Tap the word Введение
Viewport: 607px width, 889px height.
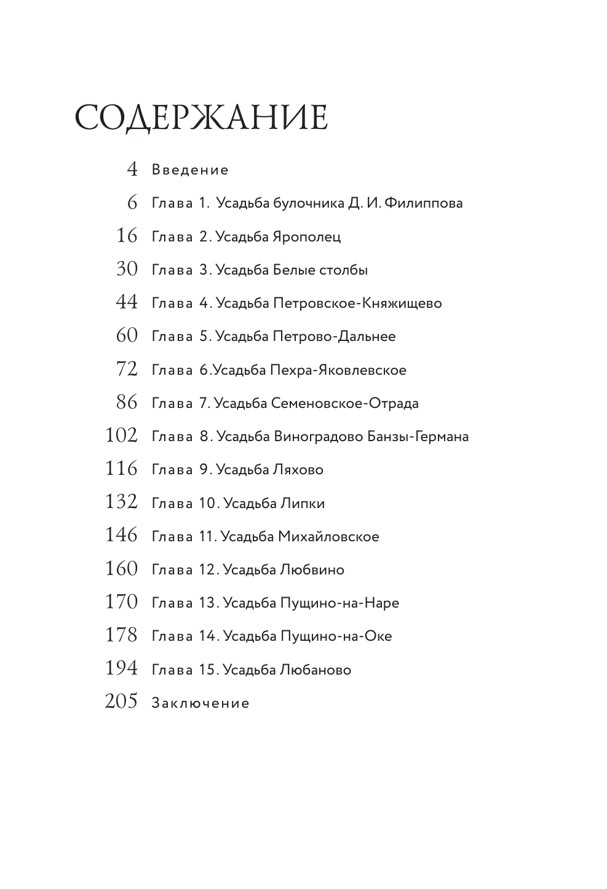[x=190, y=170]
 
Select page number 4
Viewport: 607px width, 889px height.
[x=132, y=169]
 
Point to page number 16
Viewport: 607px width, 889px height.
[x=127, y=236]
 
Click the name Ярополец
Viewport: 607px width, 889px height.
[x=306, y=237]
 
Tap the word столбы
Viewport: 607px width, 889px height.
[x=344, y=270]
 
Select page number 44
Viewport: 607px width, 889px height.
[x=127, y=302]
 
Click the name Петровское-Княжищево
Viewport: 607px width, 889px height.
[x=357, y=304]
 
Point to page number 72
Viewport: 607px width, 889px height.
[x=127, y=369]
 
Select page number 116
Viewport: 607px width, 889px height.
[x=121, y=469]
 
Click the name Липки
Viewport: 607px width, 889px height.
[x=303, y=503]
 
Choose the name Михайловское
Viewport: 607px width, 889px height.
[x=328, y=537]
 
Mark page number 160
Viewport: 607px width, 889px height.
[x=121, y=569]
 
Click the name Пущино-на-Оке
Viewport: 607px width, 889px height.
[x=336, y=636]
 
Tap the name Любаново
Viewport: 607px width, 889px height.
[x=315, y=670]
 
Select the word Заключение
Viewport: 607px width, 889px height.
[x=200, y=703]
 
